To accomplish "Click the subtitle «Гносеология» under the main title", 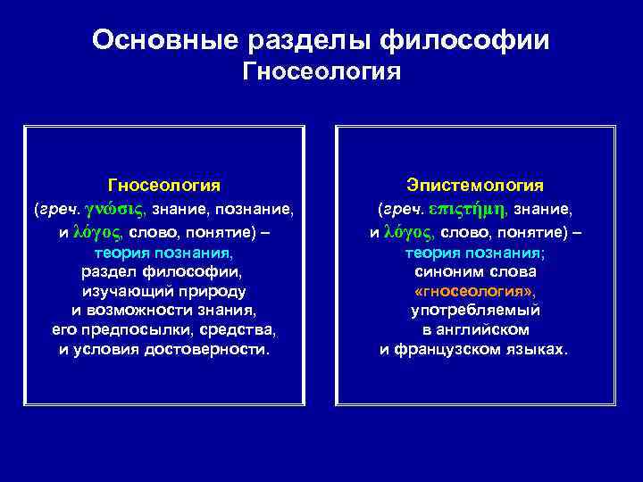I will (321, 71).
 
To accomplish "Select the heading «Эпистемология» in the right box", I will (475, 185).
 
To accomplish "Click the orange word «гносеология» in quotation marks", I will (474, 291).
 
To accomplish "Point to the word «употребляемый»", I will (475, 311).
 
